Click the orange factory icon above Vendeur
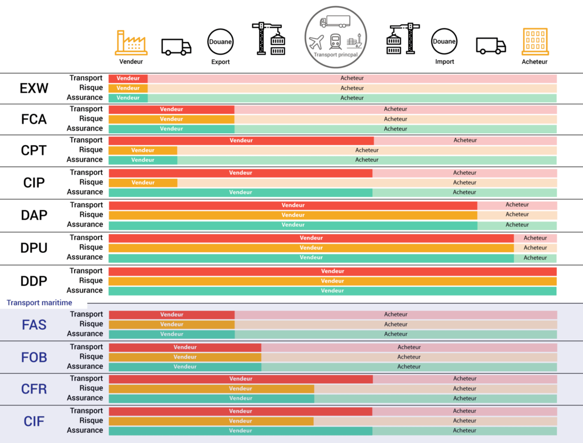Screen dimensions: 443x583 131,43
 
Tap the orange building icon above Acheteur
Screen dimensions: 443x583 535,42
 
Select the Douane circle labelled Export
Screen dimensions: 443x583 220,42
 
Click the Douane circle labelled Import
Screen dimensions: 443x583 444,42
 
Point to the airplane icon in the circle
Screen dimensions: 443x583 316,42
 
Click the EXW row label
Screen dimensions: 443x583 34,88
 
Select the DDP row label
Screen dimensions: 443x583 34,281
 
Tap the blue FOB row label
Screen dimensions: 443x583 34,358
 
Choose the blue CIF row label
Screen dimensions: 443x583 34,421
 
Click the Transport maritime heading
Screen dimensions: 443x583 39,303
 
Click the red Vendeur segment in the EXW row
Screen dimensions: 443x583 128,78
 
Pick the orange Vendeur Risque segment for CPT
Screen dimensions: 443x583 143,150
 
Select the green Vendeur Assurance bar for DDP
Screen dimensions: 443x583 332,291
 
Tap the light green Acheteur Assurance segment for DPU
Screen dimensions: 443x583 535,258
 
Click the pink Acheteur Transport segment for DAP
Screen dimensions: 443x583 517,205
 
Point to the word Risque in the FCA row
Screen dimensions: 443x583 91,119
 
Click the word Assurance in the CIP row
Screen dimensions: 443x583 85,192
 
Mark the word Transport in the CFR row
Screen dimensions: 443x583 86,379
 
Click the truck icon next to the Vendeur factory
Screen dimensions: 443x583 176,47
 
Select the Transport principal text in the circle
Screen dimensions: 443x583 334,55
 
